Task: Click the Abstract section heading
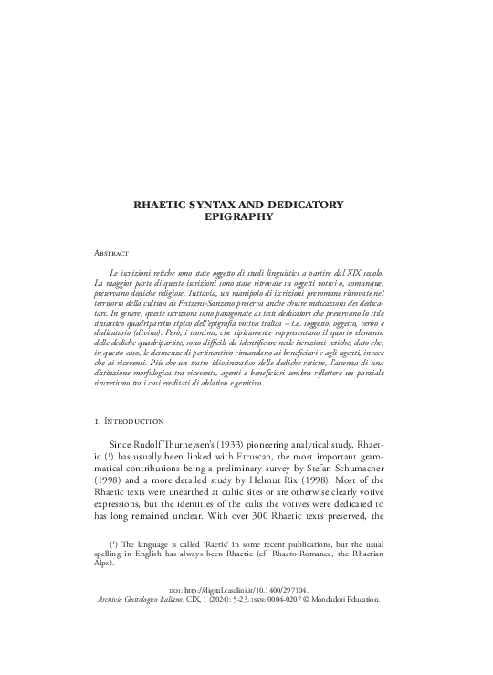coord(113,251)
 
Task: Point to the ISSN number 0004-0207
coord(292,651)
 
